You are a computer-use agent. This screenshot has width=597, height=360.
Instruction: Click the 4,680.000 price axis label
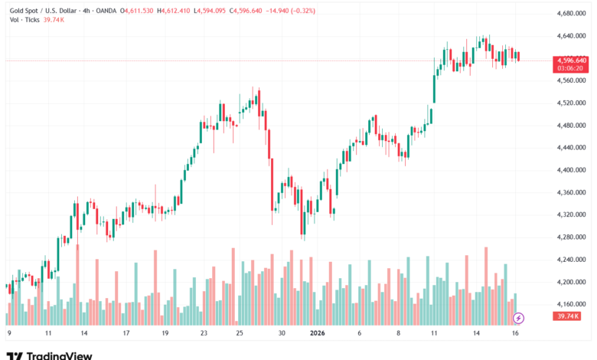click(x=566, y=13)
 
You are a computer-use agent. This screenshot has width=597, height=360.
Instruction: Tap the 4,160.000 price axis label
click(x=566, y=305)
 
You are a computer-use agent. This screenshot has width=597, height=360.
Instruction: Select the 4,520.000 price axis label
click(x=566, y=103)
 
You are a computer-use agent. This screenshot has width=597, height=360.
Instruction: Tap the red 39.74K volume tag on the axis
click(x=567, y=316)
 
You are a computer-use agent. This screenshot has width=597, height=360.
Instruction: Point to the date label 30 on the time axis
click(x=282, y=333)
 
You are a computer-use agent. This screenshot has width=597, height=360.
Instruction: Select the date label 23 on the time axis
click(x=204, y=333)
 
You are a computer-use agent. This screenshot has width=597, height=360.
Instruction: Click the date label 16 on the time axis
click(x=517, y=333)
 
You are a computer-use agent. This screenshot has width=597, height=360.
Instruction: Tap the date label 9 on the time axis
click(x=8, y=333)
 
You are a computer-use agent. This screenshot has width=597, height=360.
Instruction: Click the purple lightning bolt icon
click(x=518, y=317)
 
